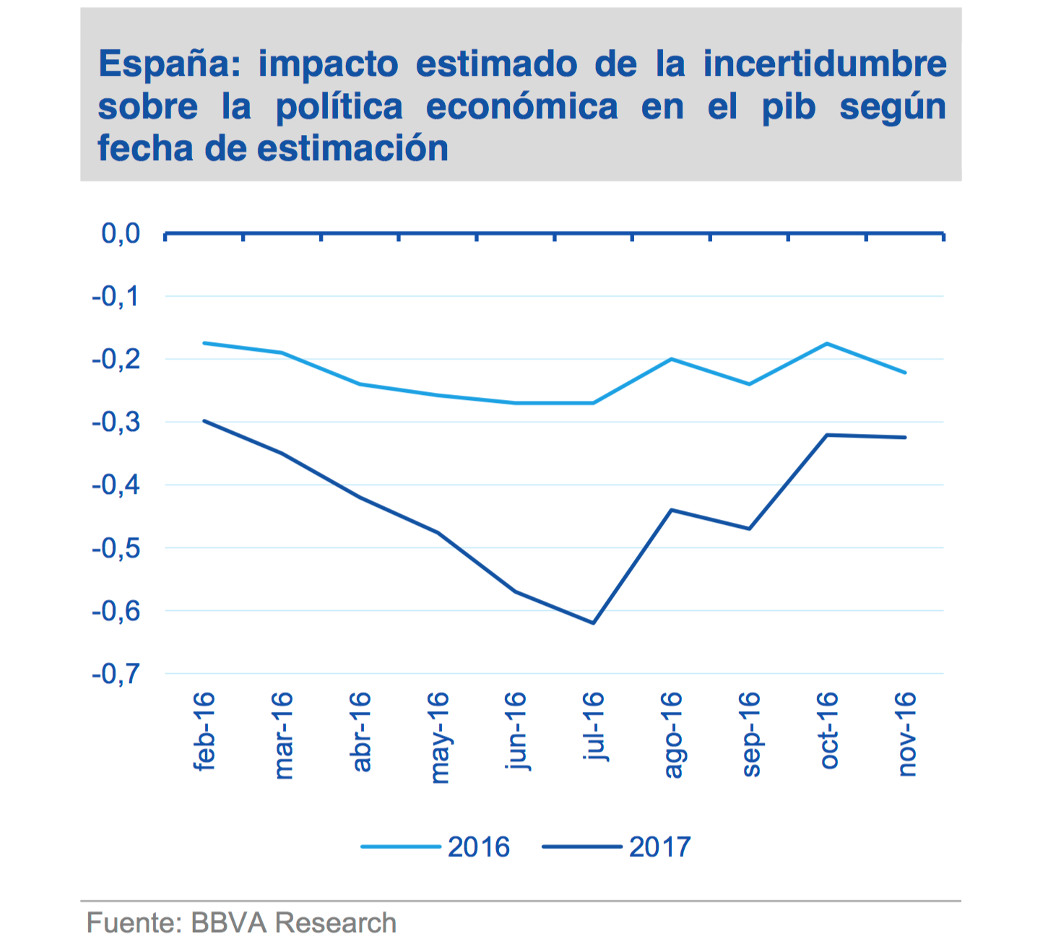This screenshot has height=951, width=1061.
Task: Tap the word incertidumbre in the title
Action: click(x=825, y=64)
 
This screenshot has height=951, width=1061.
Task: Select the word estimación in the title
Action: click(x=352, y=149)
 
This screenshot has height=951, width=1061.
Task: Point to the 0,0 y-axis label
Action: click(x=121, y=234)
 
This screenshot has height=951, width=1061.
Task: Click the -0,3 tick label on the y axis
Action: click(x=116, y=422)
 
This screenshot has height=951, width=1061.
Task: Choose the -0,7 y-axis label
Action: click(x=116, y=674)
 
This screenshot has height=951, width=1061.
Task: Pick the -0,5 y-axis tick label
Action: click(x=116, y=548)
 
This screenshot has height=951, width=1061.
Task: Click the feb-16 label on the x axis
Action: click(x=204, y=731)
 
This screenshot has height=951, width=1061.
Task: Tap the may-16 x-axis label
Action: click(x=438, y=737)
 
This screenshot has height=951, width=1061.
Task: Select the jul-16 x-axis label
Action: click(x=594, y=726)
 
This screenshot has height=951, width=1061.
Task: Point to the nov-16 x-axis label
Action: click(x=906, y=734)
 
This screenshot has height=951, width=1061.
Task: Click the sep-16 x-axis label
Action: click(x=750, y=734)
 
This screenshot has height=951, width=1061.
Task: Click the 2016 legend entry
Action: click(x=478, y=847)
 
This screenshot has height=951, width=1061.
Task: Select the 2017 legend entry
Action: click(x=659, y=847)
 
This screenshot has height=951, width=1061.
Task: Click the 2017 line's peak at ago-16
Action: click(x=672, y=510)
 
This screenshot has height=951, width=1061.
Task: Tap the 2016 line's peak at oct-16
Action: click(x=827, y=343)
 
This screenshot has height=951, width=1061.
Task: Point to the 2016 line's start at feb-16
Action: click(x=204, y=342)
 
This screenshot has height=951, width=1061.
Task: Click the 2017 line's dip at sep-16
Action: click(x=750, y=529)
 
